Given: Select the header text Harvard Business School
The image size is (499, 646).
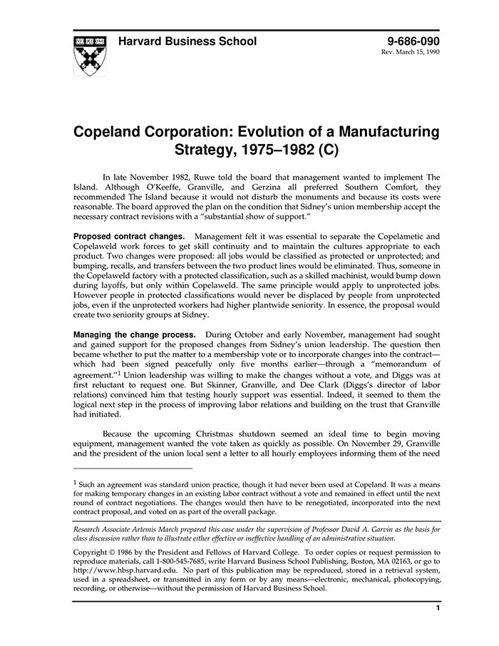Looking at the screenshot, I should pos(187,41).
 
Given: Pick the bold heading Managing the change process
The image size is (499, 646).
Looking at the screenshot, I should pos(135,334).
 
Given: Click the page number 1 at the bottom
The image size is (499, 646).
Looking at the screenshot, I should pos(437,608).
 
